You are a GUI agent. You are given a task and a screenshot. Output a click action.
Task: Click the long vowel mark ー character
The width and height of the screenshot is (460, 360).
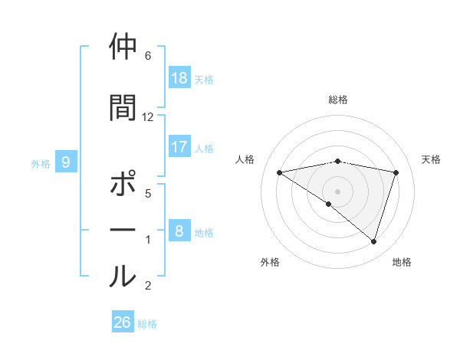(x=123, y=230)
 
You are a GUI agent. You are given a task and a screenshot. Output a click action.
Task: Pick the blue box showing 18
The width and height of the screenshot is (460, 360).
(x=179, y=78)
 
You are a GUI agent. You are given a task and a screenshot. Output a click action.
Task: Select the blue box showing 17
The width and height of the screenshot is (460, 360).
(x=179, y=147)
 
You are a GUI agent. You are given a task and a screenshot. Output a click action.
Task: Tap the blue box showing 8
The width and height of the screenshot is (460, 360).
(x=179, y=231)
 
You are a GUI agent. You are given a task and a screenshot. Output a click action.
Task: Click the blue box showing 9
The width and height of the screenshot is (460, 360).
(x=66, y=162)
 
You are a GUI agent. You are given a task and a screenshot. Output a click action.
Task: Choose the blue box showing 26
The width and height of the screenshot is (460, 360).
(x=123, y=322)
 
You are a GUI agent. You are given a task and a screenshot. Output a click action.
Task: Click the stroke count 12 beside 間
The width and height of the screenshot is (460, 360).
(x=148, y=117)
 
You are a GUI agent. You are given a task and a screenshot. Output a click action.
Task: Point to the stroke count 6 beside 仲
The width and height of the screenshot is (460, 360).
(x=148, y=56)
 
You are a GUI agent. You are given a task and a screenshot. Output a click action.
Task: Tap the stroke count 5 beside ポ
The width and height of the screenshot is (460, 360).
(x=148, y=194)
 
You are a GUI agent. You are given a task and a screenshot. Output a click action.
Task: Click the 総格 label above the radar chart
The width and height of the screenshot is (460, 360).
(x=338, y=100)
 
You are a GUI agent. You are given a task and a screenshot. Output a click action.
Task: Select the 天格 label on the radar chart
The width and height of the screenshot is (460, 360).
(x=431, y=159)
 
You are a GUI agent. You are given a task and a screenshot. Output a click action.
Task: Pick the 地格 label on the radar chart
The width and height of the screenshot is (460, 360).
(x=402, y=262)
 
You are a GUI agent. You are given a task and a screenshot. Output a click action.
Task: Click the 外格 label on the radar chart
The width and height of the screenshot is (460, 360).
(x=270, y=262)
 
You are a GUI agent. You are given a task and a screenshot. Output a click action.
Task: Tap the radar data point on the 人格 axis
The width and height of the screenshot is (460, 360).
(x=279, y=172)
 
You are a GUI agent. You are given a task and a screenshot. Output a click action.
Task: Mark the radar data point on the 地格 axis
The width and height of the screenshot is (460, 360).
(x=374, y=242)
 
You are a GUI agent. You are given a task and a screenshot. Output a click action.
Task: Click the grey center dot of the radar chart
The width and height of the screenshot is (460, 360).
(x=337, y=191)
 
